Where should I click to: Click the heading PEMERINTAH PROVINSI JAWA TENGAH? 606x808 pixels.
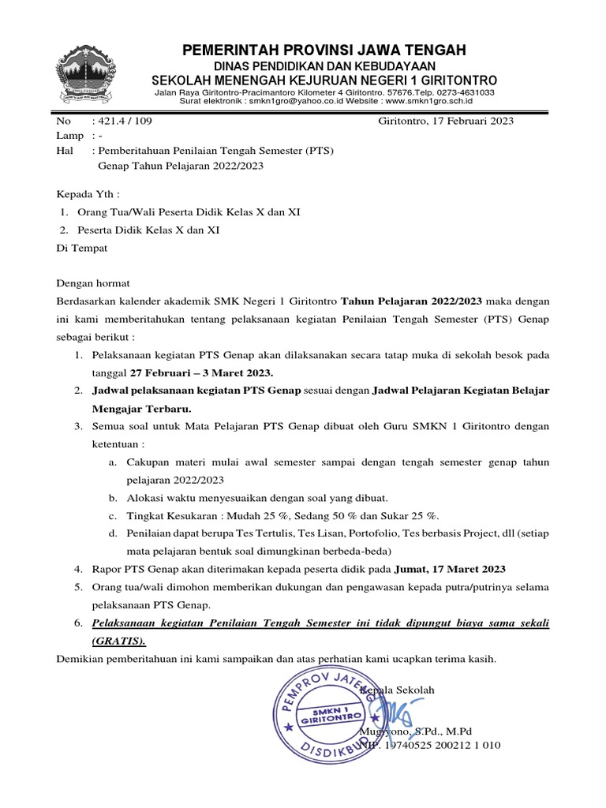pos(324,50)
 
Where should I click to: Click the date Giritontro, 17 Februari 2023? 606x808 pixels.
pos(446,121)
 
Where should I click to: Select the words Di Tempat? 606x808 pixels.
pos(82,248)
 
